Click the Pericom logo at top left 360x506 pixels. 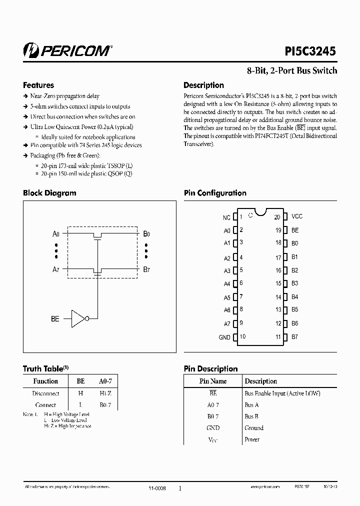(x=67, y=50)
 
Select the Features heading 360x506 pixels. (x=38, y=85)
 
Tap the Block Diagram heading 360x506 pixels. (x=49, y=193)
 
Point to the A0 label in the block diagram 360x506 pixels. (x=56, y=233)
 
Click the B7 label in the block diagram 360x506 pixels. (x=146, y=269)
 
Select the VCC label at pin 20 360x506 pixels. (x=297, y=216)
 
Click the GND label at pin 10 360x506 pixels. (x=224, y=337)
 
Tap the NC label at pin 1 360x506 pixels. (x=226, y=217)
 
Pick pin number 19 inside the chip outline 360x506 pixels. (x=278, y=230)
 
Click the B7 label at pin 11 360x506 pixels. (x=295, y=337)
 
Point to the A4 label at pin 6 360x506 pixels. (x=227, y=284)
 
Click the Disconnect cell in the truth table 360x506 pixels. (x=45, y=393)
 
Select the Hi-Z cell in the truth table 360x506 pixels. (x=105, y=393)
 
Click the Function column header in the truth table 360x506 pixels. (x=45, y=381)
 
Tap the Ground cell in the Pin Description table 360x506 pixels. (x=254, y=428)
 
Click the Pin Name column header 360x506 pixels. (x=213, y=381)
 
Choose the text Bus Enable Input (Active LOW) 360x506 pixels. (x=282, y=393)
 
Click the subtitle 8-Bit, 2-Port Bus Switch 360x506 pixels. (x=291, y=71)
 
